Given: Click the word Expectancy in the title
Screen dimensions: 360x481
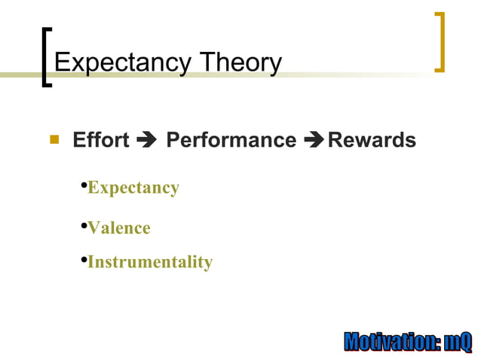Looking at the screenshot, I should [120, 63].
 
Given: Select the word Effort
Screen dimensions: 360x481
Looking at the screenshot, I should [101, 140].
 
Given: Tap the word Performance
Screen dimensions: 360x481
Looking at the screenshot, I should [231, 140].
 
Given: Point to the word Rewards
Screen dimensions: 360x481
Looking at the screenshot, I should [372, 140].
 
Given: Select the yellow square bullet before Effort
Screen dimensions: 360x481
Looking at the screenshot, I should [54, 139].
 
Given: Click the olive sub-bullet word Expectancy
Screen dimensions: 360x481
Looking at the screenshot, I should [133, 188].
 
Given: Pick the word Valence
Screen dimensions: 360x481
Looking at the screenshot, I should [119, 227].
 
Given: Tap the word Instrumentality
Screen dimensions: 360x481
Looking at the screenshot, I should [150, 262].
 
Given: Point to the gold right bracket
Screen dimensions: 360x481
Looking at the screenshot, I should [440, 42].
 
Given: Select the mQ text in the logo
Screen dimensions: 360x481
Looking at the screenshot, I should [458, 342].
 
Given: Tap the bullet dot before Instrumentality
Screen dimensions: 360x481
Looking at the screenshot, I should [84, 260].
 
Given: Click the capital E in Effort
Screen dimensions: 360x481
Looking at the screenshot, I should [78, 140].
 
